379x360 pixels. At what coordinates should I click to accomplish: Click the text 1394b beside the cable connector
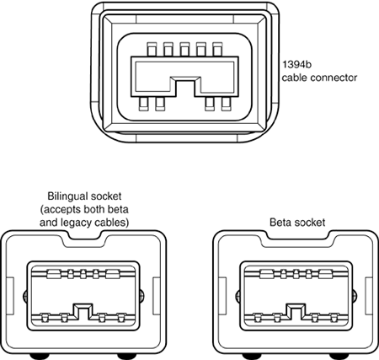click(296, 65)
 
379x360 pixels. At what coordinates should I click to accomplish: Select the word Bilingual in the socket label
click(66, 196)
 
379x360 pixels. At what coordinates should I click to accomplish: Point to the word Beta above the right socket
click(280, 223)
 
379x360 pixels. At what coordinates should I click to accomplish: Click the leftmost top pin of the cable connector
click(152, 50)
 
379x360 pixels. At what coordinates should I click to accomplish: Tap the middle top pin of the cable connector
click(184, 50)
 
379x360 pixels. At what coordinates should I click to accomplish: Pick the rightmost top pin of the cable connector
click(217, 50)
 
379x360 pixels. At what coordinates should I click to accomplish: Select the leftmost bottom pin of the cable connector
click(144, 104)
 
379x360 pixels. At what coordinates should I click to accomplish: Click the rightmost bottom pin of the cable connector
click(226, 104)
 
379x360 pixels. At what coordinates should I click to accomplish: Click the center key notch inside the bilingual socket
click(83, 311)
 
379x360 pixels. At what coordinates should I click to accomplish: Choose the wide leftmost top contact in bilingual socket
click(54, 274)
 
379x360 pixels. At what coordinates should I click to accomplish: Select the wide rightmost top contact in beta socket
click(326, 274)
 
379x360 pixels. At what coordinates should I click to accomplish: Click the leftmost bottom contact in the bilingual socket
click(45, 318)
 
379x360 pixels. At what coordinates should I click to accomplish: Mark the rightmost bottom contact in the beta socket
click(334, 318)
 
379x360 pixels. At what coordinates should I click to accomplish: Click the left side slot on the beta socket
click(222, 296)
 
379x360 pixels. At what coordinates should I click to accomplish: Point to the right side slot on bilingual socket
click(157, 296)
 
